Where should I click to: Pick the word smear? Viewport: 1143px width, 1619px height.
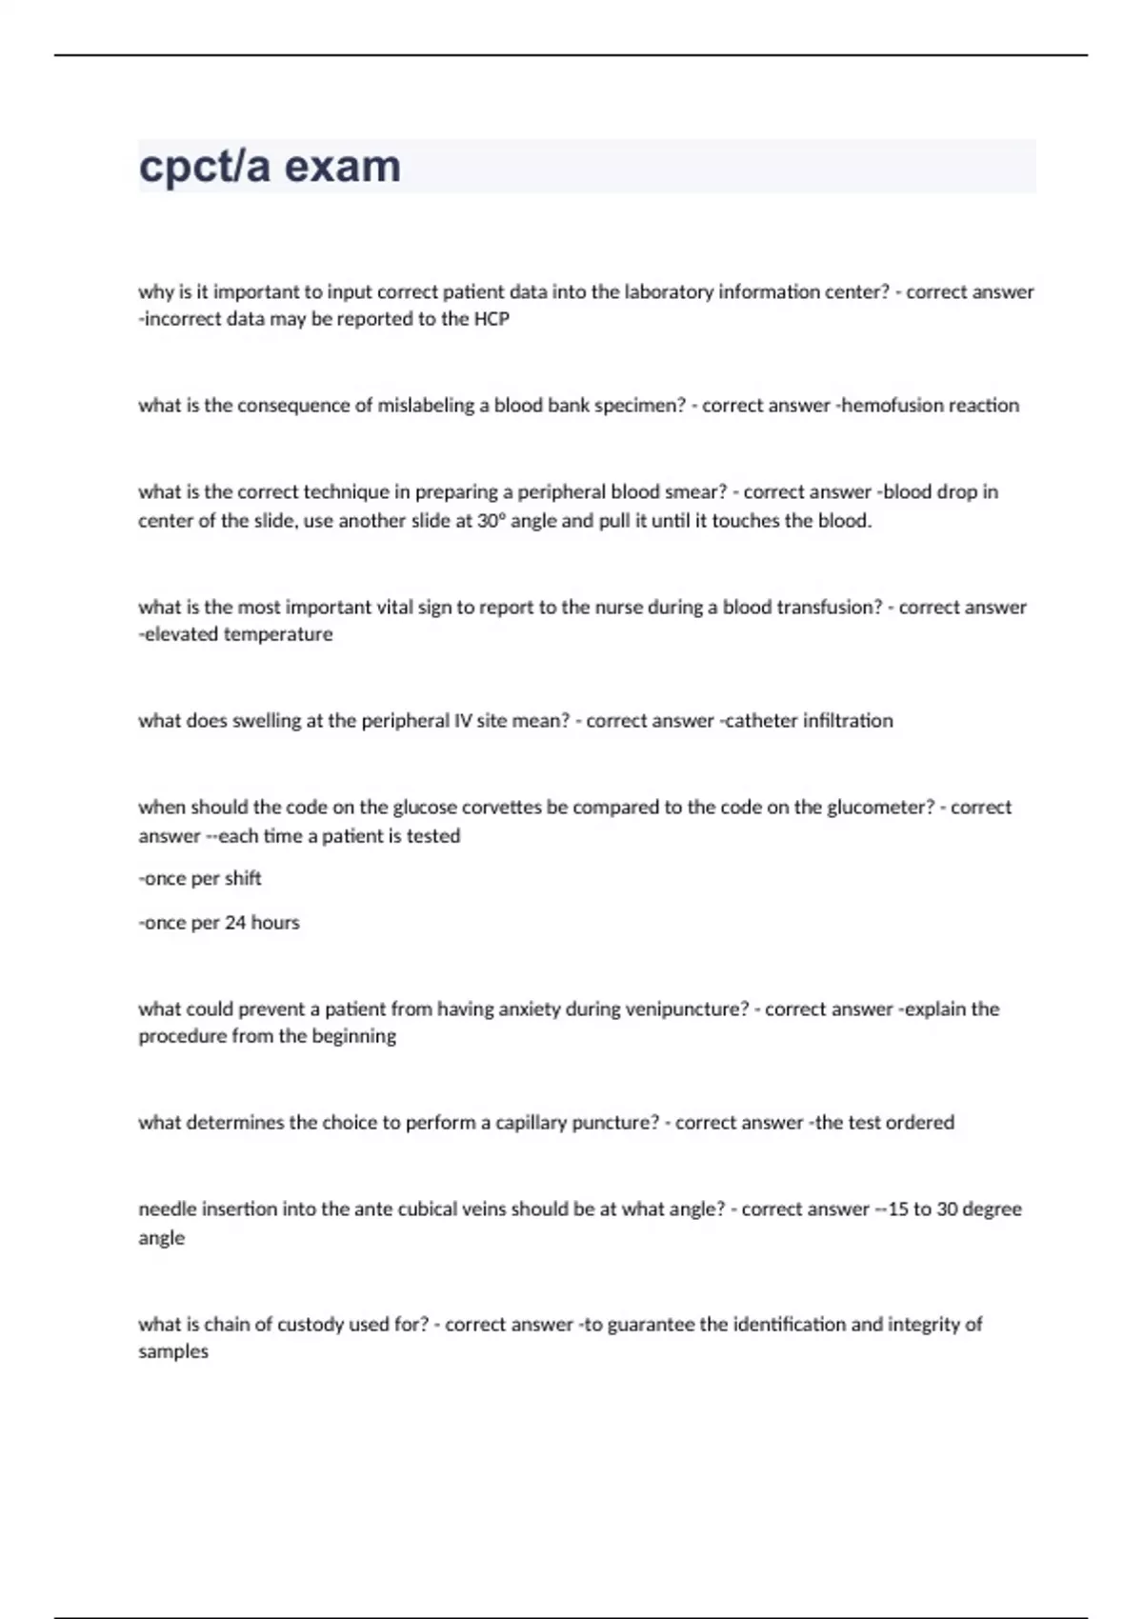click(x=700, y=492)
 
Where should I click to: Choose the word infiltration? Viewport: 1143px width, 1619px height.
click(x=848, y=721)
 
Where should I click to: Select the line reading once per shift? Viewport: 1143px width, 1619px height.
click(x=200, y=878)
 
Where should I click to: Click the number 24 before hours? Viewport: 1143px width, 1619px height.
click(x=235, y=923)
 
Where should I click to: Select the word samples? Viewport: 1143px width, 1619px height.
click(x=173, y=1351)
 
